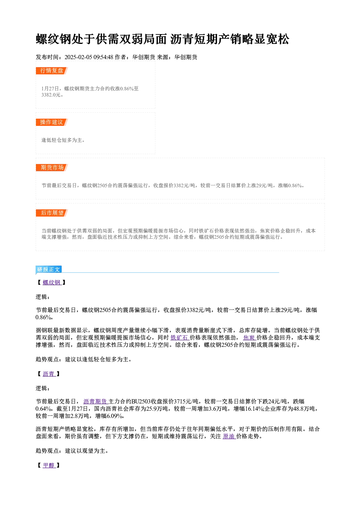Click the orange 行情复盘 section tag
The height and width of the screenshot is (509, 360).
click(52, 71)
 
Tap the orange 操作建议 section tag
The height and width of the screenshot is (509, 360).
click(52, 122)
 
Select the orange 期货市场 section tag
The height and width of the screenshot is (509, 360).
click(52, 168)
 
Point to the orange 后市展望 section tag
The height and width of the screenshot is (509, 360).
click(52, 213)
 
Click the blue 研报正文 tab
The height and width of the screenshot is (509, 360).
click(49, 270)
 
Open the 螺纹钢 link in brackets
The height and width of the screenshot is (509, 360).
click(52, 283)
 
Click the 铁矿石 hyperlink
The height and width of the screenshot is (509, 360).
click(180, 338)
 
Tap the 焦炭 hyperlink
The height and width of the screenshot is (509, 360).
click(250, 338)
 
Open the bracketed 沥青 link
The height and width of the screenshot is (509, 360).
click(49, 374)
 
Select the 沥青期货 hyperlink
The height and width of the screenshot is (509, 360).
click(96, 402)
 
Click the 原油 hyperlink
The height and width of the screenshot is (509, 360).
click(229, 436)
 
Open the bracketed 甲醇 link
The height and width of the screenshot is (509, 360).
click(49, 465)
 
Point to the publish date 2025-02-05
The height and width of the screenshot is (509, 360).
click(78, 57)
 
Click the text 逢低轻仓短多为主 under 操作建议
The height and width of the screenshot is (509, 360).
click(62, 140)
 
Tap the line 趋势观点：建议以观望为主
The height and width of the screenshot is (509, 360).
click(72, 451)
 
